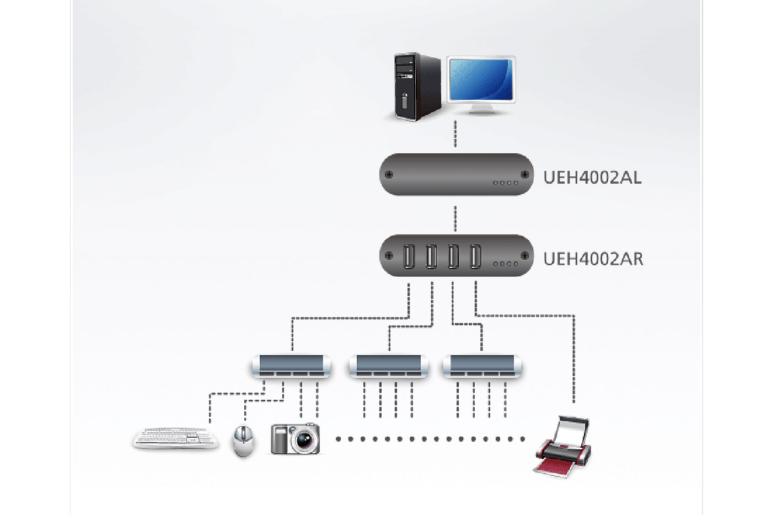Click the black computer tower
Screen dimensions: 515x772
click(x=418, y=86)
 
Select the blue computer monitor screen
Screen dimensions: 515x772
click(x=481, y=79)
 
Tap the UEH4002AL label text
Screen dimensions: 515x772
click(x=592, y=178)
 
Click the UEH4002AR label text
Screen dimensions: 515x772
click(x=593, y=259)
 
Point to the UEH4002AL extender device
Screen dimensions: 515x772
click(x=456, y=174)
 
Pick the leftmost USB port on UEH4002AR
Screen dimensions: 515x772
click(x=409, y=256)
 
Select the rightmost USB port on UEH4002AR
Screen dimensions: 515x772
click(x=475, y=256)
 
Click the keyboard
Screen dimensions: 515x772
click(x=175, y=438)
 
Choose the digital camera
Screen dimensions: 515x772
click(x=295, y=439)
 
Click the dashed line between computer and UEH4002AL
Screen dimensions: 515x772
click(x=455, y=134)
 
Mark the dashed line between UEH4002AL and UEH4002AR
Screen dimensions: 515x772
click(x=455, y=219)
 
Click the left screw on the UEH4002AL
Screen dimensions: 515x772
click(x=389, y=175)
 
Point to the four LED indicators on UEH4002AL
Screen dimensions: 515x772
click(x=505, y=183)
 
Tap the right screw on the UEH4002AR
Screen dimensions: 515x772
click(x=524, y=255)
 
